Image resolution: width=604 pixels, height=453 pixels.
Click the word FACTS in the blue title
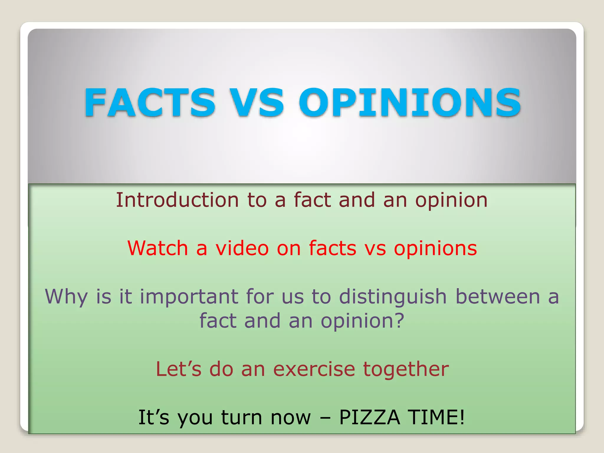tap(150, 102)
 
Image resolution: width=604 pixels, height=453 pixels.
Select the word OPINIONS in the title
tap(410, 102)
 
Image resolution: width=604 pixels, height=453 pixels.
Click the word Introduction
tap(177, 200)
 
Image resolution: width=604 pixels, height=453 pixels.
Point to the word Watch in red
tap(158, 248)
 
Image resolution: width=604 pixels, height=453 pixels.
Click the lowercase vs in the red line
tap(375, 248)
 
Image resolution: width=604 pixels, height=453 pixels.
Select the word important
tap(189, 297)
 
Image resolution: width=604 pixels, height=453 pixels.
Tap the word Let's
tap(179, 369)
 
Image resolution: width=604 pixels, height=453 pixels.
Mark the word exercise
tap(314, 369)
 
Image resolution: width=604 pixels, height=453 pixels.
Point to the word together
tap(406, 370)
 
